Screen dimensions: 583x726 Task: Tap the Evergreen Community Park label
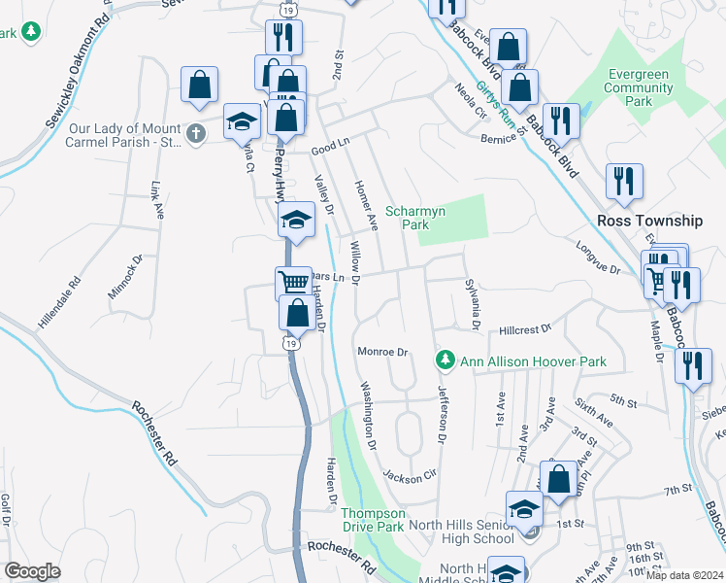pos(638,87)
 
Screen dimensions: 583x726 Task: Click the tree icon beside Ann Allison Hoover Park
pos(445,361)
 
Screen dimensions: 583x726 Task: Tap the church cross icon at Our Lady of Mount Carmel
pos(195,134)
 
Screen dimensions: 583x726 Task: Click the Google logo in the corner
pos(32,571)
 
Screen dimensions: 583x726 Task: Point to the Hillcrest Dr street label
pos(524,330)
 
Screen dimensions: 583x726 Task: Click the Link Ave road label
pos(155,200)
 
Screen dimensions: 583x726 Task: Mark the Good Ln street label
pos(329,150)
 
